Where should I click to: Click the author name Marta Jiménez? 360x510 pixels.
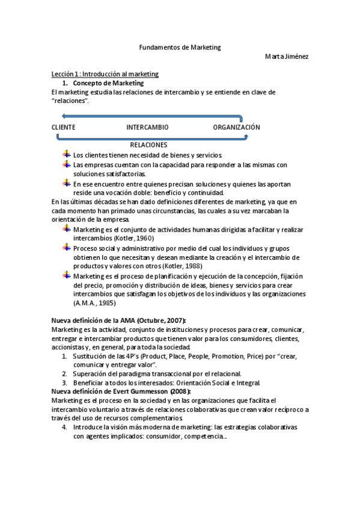pos(287,57)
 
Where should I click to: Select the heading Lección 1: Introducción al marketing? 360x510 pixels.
pos(105,74)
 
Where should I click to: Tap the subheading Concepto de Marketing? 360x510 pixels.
pos(108,83)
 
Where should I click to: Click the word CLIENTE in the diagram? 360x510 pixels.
pos(63,127)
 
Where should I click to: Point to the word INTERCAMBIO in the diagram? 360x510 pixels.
pos(147,127)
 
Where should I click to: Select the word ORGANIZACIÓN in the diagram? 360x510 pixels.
pos(236,127)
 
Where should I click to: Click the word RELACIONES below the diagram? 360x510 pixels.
pos(148,145)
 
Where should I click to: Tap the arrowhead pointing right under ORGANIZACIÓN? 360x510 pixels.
pos(246,138)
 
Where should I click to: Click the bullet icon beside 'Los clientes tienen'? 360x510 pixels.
pos(66,155)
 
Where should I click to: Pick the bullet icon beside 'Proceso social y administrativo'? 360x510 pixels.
pos(66,248)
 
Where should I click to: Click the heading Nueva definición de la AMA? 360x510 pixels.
pos(118,319)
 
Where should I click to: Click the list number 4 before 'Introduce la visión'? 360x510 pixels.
pos(64,426)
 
